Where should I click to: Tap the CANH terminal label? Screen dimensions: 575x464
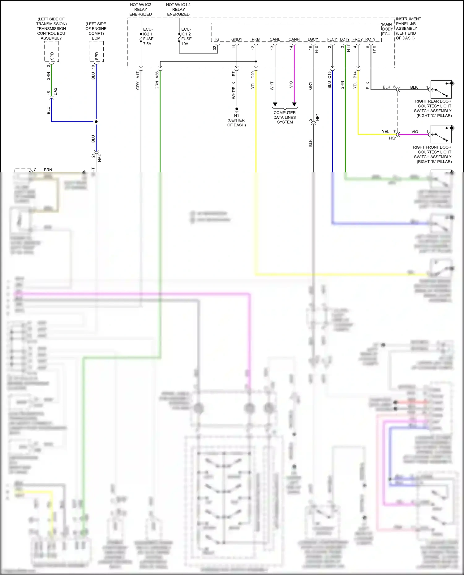(294, 39)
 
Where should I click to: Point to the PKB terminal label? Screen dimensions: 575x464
(256, 39)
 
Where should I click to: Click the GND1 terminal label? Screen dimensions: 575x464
(236, 39)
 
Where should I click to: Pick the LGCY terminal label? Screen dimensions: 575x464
(313, 39)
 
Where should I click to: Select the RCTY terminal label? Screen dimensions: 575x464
(370, 39)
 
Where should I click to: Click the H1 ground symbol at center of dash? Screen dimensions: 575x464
(237, 109)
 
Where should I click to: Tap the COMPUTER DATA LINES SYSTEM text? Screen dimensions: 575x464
(285, 117)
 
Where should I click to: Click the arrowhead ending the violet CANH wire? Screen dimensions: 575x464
(294, 104)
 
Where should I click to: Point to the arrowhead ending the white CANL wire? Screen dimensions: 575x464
(275, 104)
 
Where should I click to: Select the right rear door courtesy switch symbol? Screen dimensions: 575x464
(441, 90)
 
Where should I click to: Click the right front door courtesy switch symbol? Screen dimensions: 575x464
(441, 134)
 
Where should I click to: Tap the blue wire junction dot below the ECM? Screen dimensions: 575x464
(96, 121)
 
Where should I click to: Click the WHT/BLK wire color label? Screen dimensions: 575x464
(234, 90)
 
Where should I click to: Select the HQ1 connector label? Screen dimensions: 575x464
(393, 138)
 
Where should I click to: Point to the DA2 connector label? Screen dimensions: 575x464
(55, 91)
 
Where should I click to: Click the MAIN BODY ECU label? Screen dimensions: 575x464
(387, 29)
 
